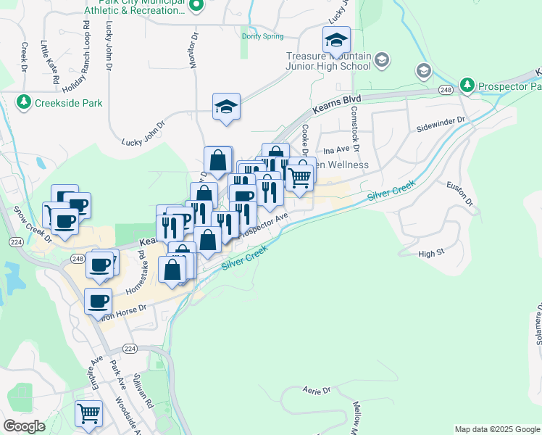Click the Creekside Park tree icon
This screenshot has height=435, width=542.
click(x=24, y=101)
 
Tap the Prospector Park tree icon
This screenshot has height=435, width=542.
click(x=467, y=86)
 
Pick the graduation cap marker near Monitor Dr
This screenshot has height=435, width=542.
click(x=226, y=107)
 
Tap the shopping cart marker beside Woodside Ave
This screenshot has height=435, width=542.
click(x=88, y=414)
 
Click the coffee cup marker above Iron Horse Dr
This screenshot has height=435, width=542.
click(x=98, y=300)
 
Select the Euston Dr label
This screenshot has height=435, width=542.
click(x=463, y=192)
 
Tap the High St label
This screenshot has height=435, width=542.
click(x=430, y=254)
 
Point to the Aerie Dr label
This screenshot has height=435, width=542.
click(x=317, y=390)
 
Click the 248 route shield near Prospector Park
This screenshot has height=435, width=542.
click(x=445, y=90)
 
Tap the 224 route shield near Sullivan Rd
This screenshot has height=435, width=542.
click(x=130, y=348)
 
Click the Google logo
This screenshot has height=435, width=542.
click(x=24, y=426)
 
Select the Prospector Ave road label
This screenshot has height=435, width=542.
click(x=264, y=224)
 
